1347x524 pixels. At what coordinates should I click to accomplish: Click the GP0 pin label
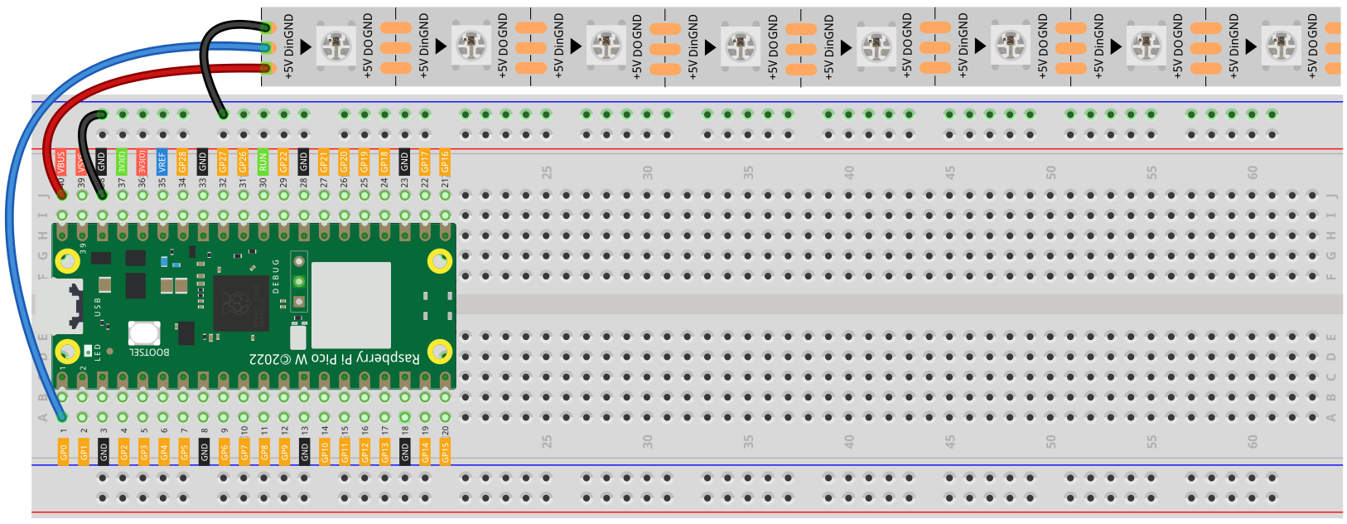pos(63,451)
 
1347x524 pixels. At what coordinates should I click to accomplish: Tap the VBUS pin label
pos(61,161)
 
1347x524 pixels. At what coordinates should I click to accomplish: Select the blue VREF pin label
pos(162,161)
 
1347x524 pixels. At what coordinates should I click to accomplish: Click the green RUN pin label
pos(263,161)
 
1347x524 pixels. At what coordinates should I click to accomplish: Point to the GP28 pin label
pos(182,161)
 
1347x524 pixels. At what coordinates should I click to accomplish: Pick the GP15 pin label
pos(445,451)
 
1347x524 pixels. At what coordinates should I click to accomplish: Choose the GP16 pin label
pos(445,161)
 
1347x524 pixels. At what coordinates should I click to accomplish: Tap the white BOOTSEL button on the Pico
pos(144,333)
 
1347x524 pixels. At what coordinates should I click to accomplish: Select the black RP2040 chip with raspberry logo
pos(241,303)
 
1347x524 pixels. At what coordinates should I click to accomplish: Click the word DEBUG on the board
pos(277,276)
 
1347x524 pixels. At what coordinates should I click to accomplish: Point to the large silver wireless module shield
pos(350,305)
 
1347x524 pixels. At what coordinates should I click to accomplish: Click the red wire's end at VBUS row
pos(61,196)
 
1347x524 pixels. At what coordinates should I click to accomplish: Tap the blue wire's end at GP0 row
pos(62,417)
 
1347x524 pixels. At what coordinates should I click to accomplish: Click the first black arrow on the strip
pos(306,46)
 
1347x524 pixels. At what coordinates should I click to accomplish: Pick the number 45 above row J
pos(950,172)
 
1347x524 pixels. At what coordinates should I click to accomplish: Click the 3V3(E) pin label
pos(122,161)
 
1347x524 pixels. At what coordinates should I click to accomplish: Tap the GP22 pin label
pos(283,161)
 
